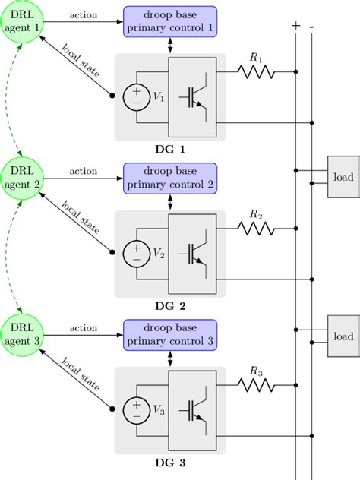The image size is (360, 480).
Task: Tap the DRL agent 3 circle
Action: pos(24,334)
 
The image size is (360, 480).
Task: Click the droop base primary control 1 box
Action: pos(170,21)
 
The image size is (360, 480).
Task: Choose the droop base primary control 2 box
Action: pos(170,178)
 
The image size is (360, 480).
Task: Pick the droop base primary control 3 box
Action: pos(170,334)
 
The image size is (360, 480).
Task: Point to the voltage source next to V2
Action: pos(137,253)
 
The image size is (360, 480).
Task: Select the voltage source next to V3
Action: pos(137,410)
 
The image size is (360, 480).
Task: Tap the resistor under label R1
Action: pos(255,72)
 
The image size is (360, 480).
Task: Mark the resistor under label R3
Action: pos(255,386)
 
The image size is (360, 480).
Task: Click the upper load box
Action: pos(343,177)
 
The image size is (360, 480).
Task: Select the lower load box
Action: pos(343,335)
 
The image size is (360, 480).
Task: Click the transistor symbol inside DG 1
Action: pos(194,96)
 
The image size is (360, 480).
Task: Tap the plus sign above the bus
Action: pos(295,25)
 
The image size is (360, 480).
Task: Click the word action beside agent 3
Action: pos(83,328)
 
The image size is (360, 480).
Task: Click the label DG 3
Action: pos(170,462)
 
